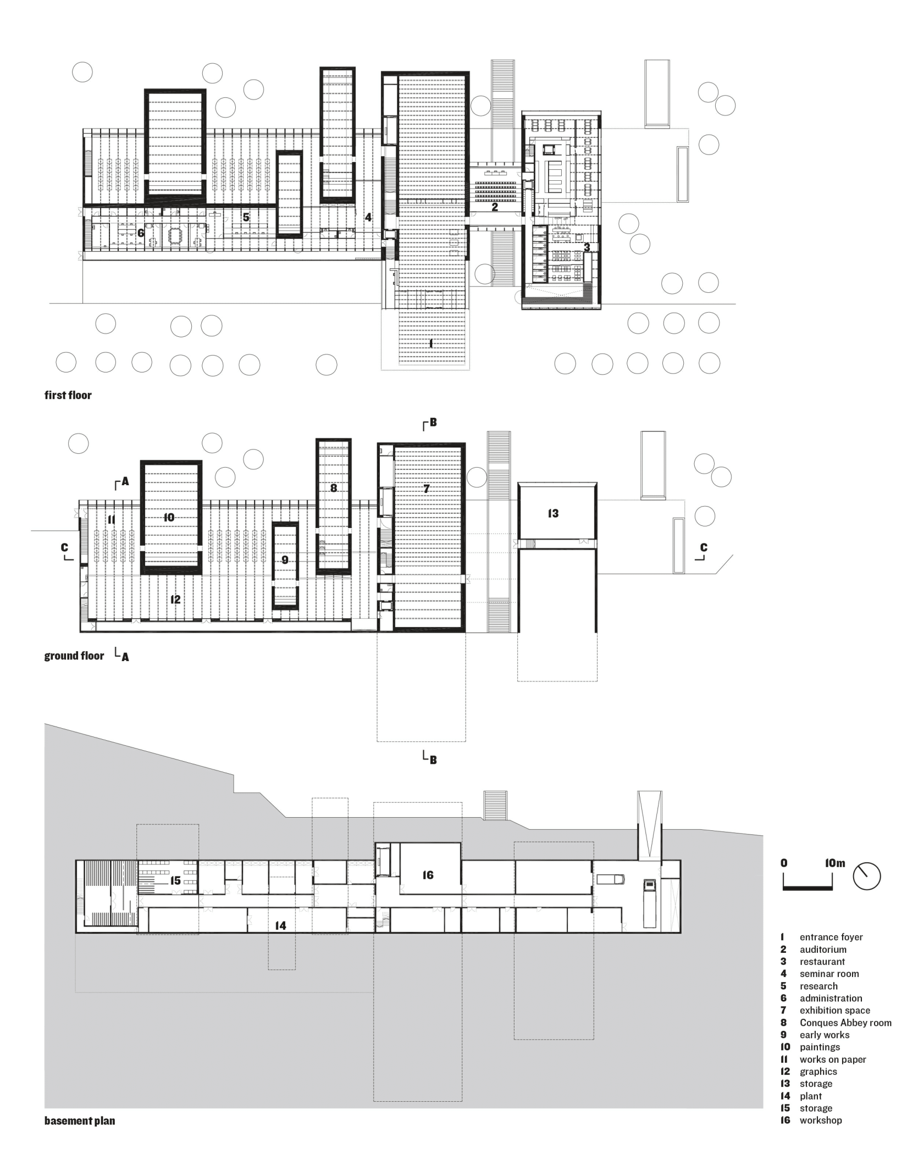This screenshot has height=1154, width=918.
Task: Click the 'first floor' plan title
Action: (x=68, y=395)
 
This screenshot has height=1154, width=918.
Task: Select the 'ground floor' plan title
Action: (x=74, y=656)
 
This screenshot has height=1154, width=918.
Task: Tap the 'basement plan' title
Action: (x=80, y=1121)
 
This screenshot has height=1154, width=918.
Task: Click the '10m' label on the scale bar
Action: (x=835, y=863)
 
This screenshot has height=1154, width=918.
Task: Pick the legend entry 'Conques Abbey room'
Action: (x=845, y=1023)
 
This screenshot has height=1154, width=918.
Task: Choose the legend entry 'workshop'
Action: (x=821, y=1120)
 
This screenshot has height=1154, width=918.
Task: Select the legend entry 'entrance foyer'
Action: (x=831, y=937)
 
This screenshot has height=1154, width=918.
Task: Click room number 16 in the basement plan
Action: (x=428, y=875)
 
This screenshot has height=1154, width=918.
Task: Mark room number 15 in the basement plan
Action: (x=175, y=881)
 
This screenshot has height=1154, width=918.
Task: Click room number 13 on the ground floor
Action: (x=553, y=513)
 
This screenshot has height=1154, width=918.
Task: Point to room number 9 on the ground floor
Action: (x=285, y=560)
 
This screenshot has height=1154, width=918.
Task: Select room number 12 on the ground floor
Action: (x=175, y=600)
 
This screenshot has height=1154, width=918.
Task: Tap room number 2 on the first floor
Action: (x=495, y=207)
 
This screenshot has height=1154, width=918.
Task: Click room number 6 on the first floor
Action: (x=141, y=233)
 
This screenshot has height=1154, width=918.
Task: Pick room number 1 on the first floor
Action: (x=431, y=344)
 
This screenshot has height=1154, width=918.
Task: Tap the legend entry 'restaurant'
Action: (x=822, y=962)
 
